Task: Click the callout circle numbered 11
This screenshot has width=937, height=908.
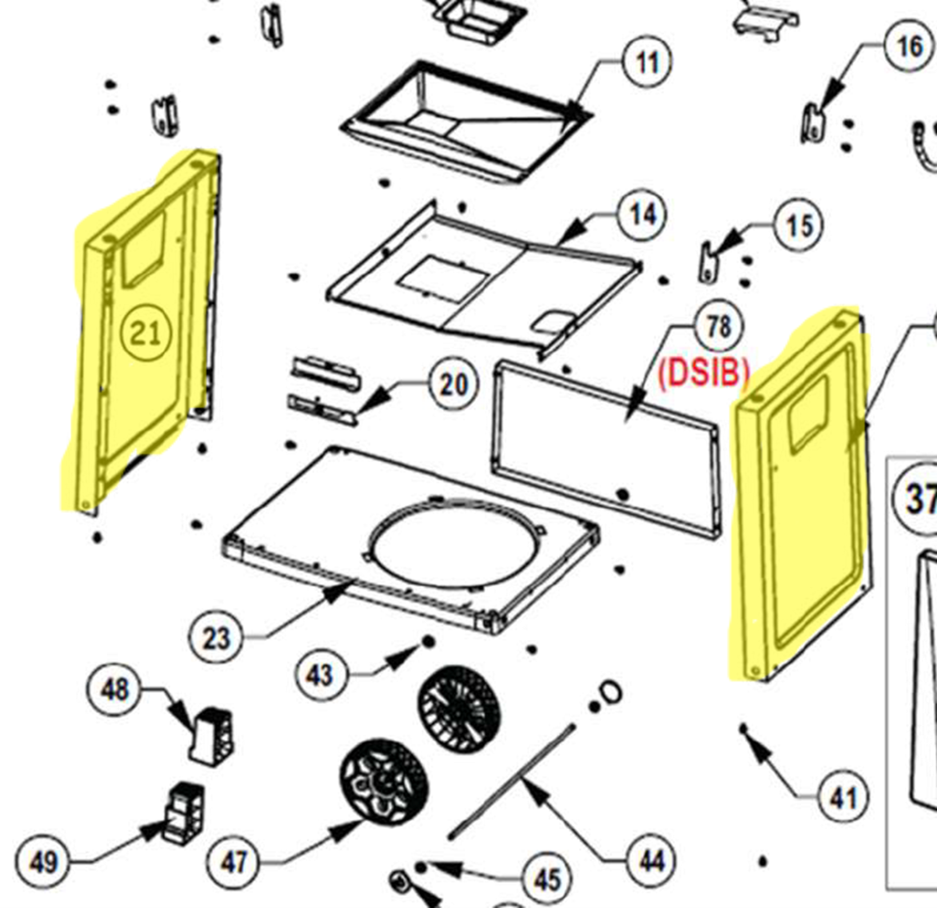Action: click(x=647, y=62)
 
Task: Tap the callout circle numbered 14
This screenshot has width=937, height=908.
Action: click(x=642, y=214)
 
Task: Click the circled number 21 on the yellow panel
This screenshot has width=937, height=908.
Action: click(x=146, y=334)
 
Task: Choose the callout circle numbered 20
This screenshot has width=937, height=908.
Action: click(x=453, y=385)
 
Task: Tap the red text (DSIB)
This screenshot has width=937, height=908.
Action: click(x=704, y=372)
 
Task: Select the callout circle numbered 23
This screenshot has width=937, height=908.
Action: click(x=217, y=639)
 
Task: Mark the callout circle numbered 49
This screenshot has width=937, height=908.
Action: click(x=43, y=861)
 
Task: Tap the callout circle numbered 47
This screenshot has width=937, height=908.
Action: click(x=233, y=861)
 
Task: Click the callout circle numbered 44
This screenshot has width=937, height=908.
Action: click(x=651, y=861)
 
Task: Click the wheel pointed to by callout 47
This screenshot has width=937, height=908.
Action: click(x=384, y=783)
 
